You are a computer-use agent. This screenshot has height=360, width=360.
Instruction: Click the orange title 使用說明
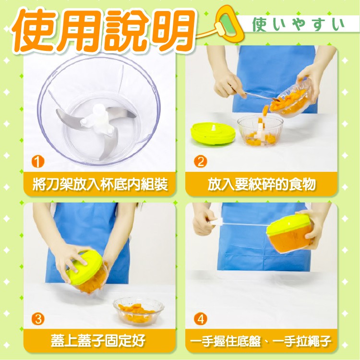coord(103,30)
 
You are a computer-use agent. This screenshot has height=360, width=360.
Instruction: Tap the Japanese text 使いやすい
coord(298,24)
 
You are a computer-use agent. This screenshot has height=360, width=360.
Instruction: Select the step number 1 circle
coord(38,161)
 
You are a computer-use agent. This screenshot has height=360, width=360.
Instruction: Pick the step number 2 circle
coord(201,161)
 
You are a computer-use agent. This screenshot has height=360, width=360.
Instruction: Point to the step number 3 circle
coord(38,319)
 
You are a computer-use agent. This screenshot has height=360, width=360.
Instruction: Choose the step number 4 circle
coord(201,319)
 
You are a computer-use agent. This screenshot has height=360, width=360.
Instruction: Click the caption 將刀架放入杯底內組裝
coord(100,184)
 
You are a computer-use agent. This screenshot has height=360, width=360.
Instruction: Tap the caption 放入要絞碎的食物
coord(262,184)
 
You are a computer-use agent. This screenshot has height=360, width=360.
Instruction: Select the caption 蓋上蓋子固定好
coord(98,341)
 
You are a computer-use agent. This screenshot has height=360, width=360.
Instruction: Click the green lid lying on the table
coord(213,133)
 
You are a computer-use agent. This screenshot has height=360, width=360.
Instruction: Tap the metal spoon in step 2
coord(259,96)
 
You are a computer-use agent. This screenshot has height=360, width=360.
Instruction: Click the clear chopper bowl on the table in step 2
coord(260,130)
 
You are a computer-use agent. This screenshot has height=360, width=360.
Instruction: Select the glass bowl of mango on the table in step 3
coord(138,311)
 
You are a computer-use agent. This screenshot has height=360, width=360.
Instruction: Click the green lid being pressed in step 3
coord(84,267)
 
